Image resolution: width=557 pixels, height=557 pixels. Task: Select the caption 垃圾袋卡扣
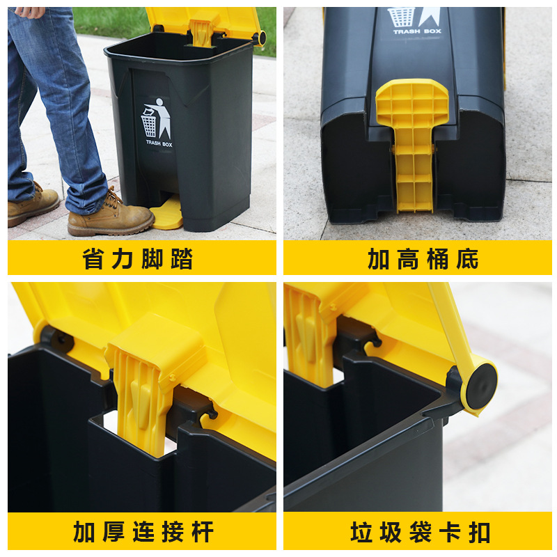point(421,532)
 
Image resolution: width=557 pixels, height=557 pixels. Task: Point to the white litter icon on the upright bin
point(157,119)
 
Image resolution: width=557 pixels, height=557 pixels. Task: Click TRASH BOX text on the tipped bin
point(413,32)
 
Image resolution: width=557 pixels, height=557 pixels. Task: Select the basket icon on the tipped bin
point(401,17)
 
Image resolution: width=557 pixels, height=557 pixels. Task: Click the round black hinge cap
point(480,380)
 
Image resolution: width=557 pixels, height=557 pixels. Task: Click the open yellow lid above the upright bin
point(203,22)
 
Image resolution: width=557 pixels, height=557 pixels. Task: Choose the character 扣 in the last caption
point(479,532)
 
